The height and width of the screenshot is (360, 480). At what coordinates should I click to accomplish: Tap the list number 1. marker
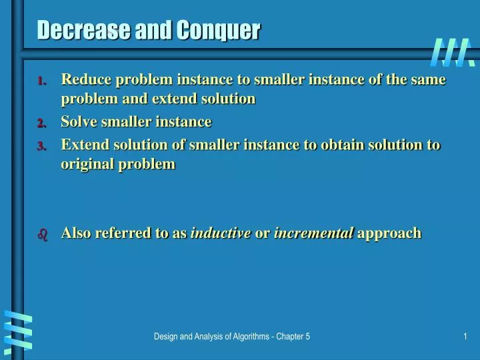[41, 81]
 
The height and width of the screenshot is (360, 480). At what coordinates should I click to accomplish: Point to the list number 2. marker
[41, 123]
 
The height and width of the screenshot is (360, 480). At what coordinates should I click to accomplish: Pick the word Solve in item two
[77, 121]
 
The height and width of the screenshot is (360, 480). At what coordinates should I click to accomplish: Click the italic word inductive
[221, 233]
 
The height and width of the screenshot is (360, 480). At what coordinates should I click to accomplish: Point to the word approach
[389, 234]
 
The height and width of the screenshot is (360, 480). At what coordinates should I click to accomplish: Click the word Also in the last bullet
[77, 233]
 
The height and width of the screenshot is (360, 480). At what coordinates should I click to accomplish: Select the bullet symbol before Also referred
[42, 235]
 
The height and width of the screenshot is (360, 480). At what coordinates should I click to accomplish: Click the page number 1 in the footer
[465, 337]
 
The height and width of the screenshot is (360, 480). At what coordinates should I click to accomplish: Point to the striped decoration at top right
[453, 53]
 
